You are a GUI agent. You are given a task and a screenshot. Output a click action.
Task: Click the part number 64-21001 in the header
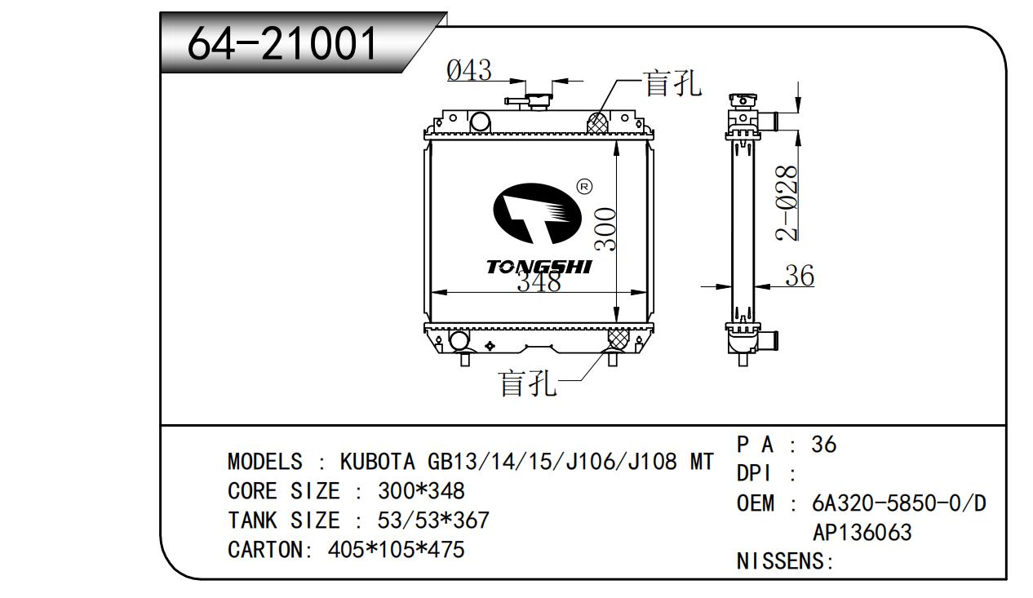coord(282,44)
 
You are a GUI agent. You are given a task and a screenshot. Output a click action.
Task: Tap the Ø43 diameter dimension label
coord(469,70)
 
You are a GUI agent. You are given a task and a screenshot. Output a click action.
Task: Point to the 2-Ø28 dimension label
coord(787,203)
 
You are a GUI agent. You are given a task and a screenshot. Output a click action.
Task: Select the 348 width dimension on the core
coord(539,281)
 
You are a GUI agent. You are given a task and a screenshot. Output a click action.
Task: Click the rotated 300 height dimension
coord(605,229)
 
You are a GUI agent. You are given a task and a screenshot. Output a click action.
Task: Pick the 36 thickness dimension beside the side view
coord(800,276)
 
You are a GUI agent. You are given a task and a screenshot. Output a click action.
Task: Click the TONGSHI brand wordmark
coord(539,267)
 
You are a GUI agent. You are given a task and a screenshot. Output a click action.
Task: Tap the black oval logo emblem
coord(537,214)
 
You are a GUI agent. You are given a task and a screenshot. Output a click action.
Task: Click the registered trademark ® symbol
coord(585,187)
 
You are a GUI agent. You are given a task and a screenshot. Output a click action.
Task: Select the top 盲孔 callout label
coord(672,83)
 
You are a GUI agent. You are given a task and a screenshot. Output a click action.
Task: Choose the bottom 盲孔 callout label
coord(527,383)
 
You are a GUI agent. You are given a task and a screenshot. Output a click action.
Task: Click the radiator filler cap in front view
coord(539,101)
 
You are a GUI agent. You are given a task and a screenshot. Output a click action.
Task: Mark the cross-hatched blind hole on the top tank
coord(597,122)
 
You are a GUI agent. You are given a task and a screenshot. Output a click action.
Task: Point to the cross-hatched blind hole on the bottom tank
coord(618,339)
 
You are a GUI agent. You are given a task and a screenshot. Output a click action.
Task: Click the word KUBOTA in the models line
coord(377,461)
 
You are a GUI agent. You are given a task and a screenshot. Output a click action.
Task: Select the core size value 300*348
coord(421,490)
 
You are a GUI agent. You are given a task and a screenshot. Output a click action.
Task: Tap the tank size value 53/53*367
coord(433,520)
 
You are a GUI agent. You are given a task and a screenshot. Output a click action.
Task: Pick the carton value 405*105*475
coord(396,550)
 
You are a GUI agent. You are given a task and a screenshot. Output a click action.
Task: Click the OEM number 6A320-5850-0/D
coord(899,503)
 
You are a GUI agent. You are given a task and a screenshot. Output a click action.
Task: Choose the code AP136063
coord(862,532)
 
